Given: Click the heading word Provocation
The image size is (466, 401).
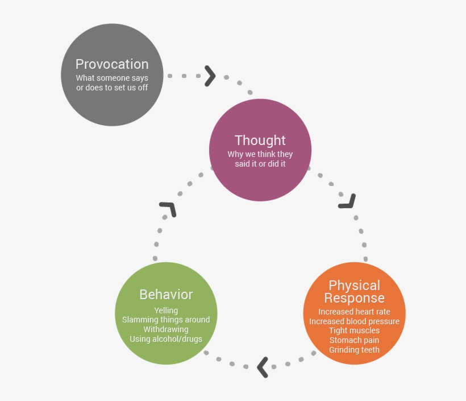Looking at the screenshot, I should click(x=112, y=64).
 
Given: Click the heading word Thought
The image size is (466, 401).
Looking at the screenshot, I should click(x=260, y=140).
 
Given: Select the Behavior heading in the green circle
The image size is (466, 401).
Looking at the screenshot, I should click(x=166, y=294).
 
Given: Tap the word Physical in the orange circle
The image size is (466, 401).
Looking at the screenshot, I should click(x=354, y=285).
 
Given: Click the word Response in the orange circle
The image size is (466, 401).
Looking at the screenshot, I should click(x=354, y=297).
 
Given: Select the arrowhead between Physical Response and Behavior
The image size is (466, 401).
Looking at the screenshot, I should click(x=263, y=367).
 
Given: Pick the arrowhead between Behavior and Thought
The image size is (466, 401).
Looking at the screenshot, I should click(x=168, y=209).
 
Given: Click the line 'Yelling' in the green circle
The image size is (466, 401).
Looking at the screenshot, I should click(x=166, y=311).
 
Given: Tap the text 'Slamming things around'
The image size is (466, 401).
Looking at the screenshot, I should click(x=166, y=320).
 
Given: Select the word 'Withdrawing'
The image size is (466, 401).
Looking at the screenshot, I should click(x=166, y=329).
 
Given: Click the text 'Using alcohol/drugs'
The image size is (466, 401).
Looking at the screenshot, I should click(x=166, y=339).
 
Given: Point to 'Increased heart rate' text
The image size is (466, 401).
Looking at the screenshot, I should click(x=354, y=312).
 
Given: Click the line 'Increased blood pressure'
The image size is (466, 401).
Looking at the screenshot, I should click(x=354, y=321).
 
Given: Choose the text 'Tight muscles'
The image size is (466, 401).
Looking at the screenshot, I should click(x=354, y=330).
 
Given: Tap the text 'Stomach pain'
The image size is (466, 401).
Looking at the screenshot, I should click(x=354, y=340).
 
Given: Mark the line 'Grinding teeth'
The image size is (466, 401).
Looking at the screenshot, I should click(x=354, y=350).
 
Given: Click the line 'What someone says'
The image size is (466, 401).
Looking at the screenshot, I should click(x=112, y=78).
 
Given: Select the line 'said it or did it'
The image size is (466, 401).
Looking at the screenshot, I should click(x=260, y=164).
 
